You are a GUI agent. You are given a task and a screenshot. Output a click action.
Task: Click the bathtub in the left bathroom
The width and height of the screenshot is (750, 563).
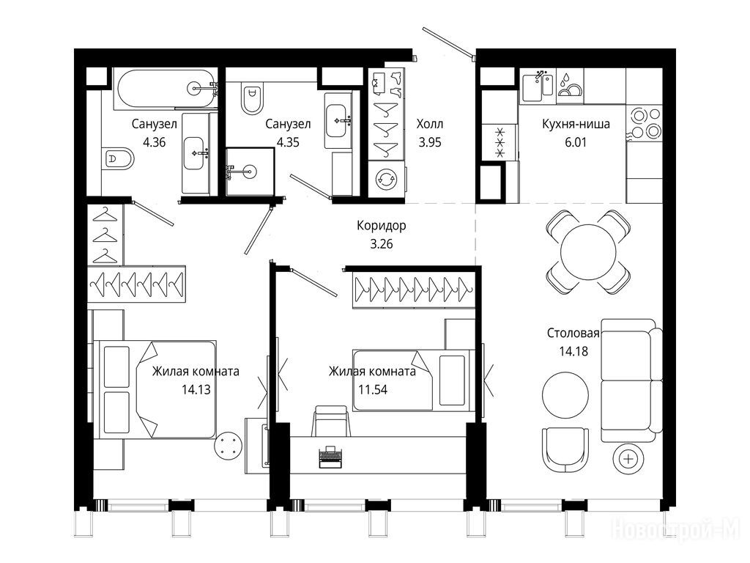click(x=166, y=88)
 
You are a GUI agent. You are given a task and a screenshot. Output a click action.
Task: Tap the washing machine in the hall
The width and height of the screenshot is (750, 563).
click(x=387, y=179)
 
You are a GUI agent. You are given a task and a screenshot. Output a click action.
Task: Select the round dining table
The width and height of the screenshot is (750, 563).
click(x=588, y=251)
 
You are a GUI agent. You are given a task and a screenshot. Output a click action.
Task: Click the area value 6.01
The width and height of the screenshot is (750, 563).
click(x=576, y=142)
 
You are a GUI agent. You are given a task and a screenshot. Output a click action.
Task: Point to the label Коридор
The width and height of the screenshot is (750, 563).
click(x=381, y=226)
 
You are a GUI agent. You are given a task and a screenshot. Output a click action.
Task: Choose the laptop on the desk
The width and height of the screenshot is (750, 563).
click(x=330, y=457)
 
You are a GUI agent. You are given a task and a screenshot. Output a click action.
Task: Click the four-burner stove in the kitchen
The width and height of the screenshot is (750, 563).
click(x=645, y=123)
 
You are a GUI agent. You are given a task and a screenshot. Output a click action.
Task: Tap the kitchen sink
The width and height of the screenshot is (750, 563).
click(x=538, y=87)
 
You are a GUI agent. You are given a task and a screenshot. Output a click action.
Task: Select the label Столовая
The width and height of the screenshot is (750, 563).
click(x=573, y=334)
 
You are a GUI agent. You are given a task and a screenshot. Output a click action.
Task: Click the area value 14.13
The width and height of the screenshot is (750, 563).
click(x=196, y=390)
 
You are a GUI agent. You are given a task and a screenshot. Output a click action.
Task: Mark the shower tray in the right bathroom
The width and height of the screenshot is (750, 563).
click(x=250, y=172)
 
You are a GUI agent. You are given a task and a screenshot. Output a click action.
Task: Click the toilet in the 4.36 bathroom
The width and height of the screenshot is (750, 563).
click(x=118, y=158)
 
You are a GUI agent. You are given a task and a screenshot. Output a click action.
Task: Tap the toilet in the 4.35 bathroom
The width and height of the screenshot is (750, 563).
click(x=253, y=98)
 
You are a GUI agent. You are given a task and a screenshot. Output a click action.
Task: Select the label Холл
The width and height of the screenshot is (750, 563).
click(x=429, y=124)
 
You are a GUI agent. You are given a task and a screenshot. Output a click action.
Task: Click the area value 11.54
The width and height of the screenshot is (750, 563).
click(x=373, y=390)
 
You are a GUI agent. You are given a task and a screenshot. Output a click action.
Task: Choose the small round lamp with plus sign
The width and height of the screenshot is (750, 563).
click(x=628, y=460)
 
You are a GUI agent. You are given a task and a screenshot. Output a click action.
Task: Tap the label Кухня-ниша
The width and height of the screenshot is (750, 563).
click(x=576, y=124)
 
